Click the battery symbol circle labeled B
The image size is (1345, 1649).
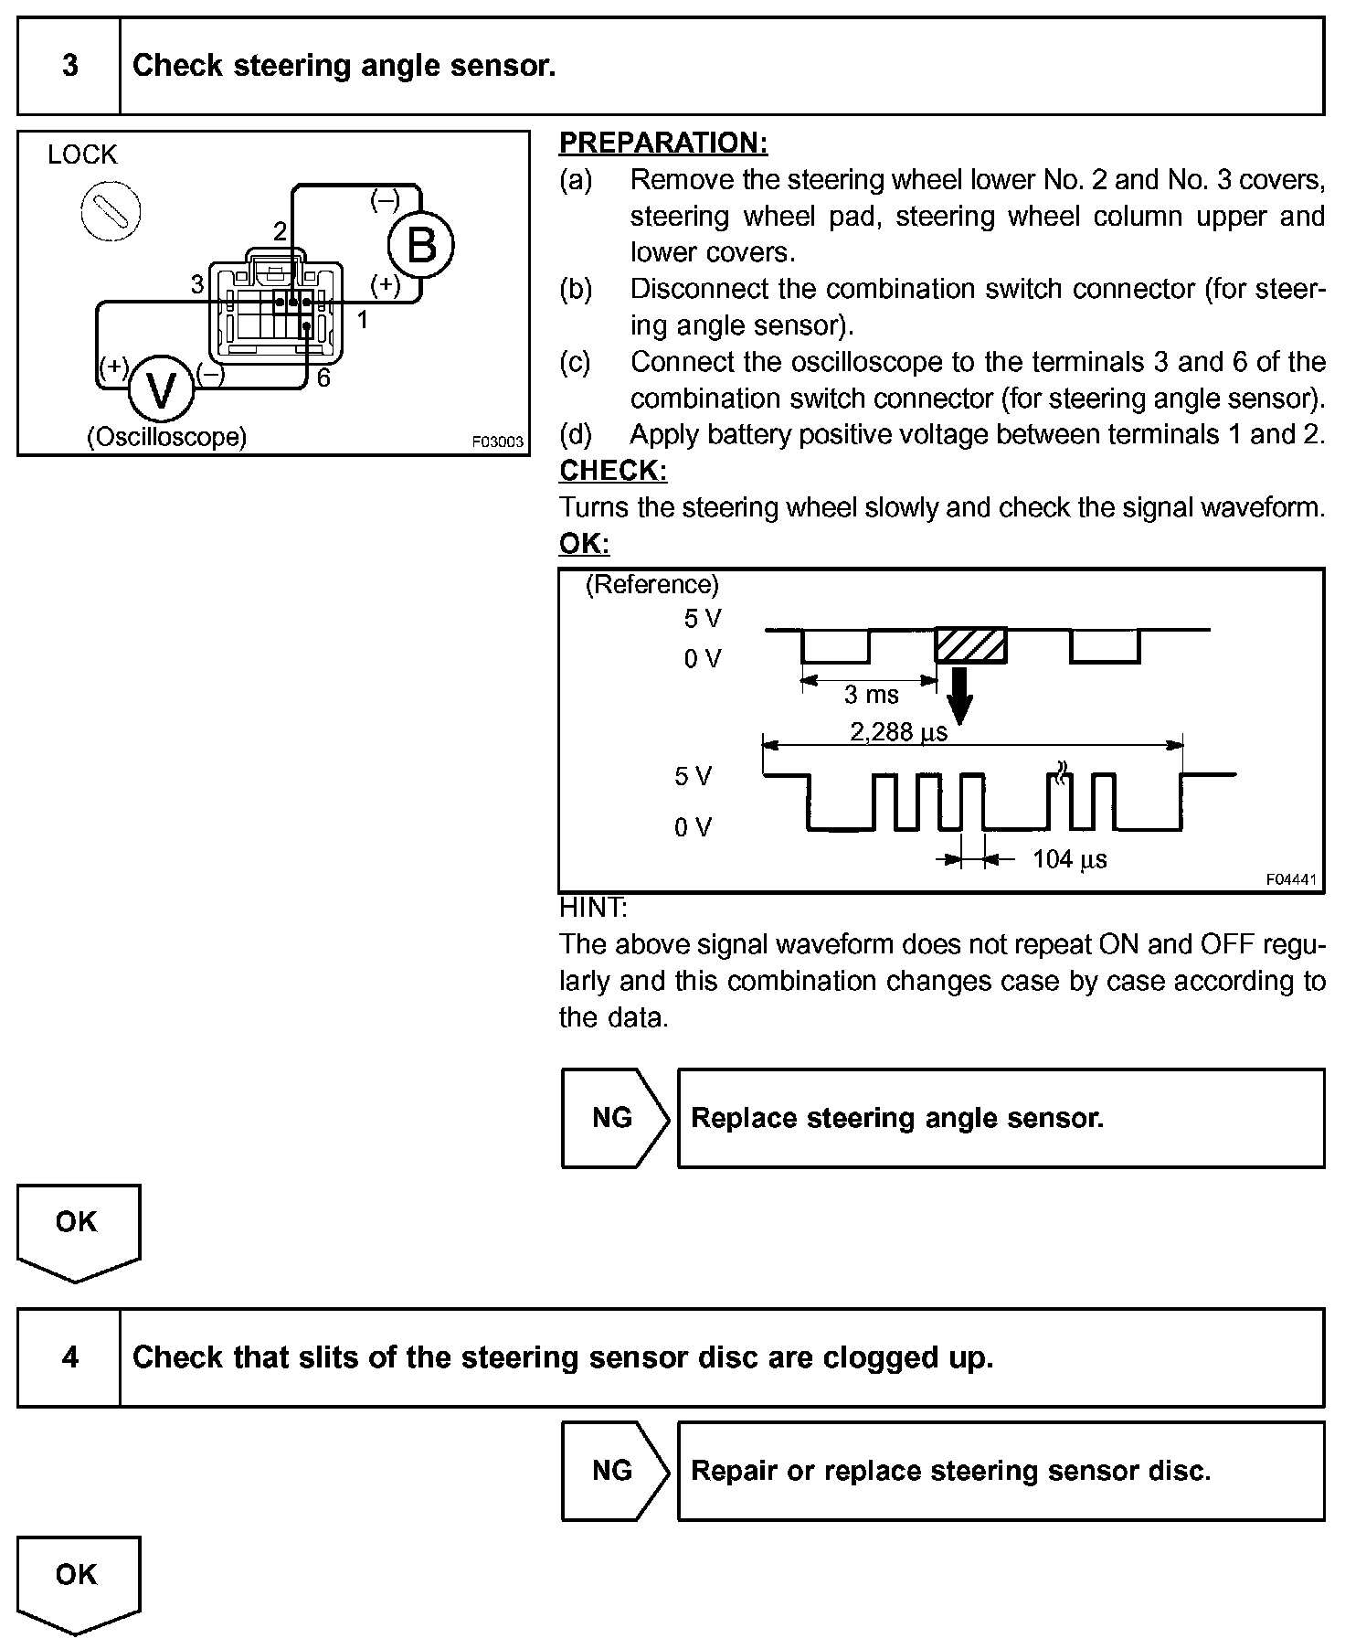pos(420,244)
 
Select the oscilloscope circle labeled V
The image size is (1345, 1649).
pos(161,390)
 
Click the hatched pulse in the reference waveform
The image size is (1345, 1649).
pos(970,645)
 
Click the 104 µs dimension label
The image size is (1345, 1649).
pos(1069,859)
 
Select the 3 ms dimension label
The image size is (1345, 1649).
pos(871,695)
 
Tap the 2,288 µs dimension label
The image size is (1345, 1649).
pos(899,732)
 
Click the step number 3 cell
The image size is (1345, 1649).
pos(70,66)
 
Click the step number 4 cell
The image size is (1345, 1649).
pos(70,1356)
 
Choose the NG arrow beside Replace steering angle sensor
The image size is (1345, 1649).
pos(614,1118)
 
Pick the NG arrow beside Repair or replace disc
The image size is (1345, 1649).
pos(614,1470)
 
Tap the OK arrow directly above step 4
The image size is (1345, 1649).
pos(78,1230)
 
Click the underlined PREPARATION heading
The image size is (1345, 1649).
pos(663,143)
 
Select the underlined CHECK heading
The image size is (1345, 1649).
pos(613,471)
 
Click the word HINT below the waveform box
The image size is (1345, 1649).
pos(592,908)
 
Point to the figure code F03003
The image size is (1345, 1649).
pos(498,442)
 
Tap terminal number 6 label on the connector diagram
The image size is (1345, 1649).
pos(323,378)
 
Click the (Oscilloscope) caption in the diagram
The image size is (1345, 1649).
pos(166,437)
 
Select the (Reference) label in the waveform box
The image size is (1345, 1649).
pos(651,584)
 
